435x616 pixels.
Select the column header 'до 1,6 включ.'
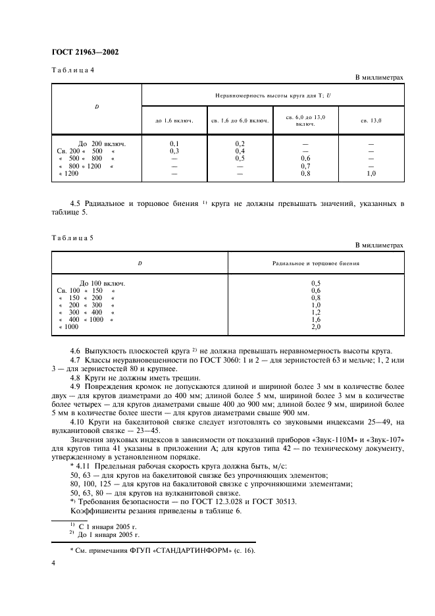tap(174, 120)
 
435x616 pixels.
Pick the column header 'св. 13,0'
tap(371, 120)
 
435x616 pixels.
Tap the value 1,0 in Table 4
tap(371, 173)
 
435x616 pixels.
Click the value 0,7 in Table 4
tap(305, 166)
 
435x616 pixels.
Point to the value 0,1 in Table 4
tap(174, 143)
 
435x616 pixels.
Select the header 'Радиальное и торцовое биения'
tap(316, 263)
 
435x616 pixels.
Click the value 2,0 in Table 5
tap(316, 326)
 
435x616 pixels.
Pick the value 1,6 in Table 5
tap(316, 319)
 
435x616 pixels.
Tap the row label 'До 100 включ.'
tap(102, 283)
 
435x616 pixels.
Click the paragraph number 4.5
tap(74, 203)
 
